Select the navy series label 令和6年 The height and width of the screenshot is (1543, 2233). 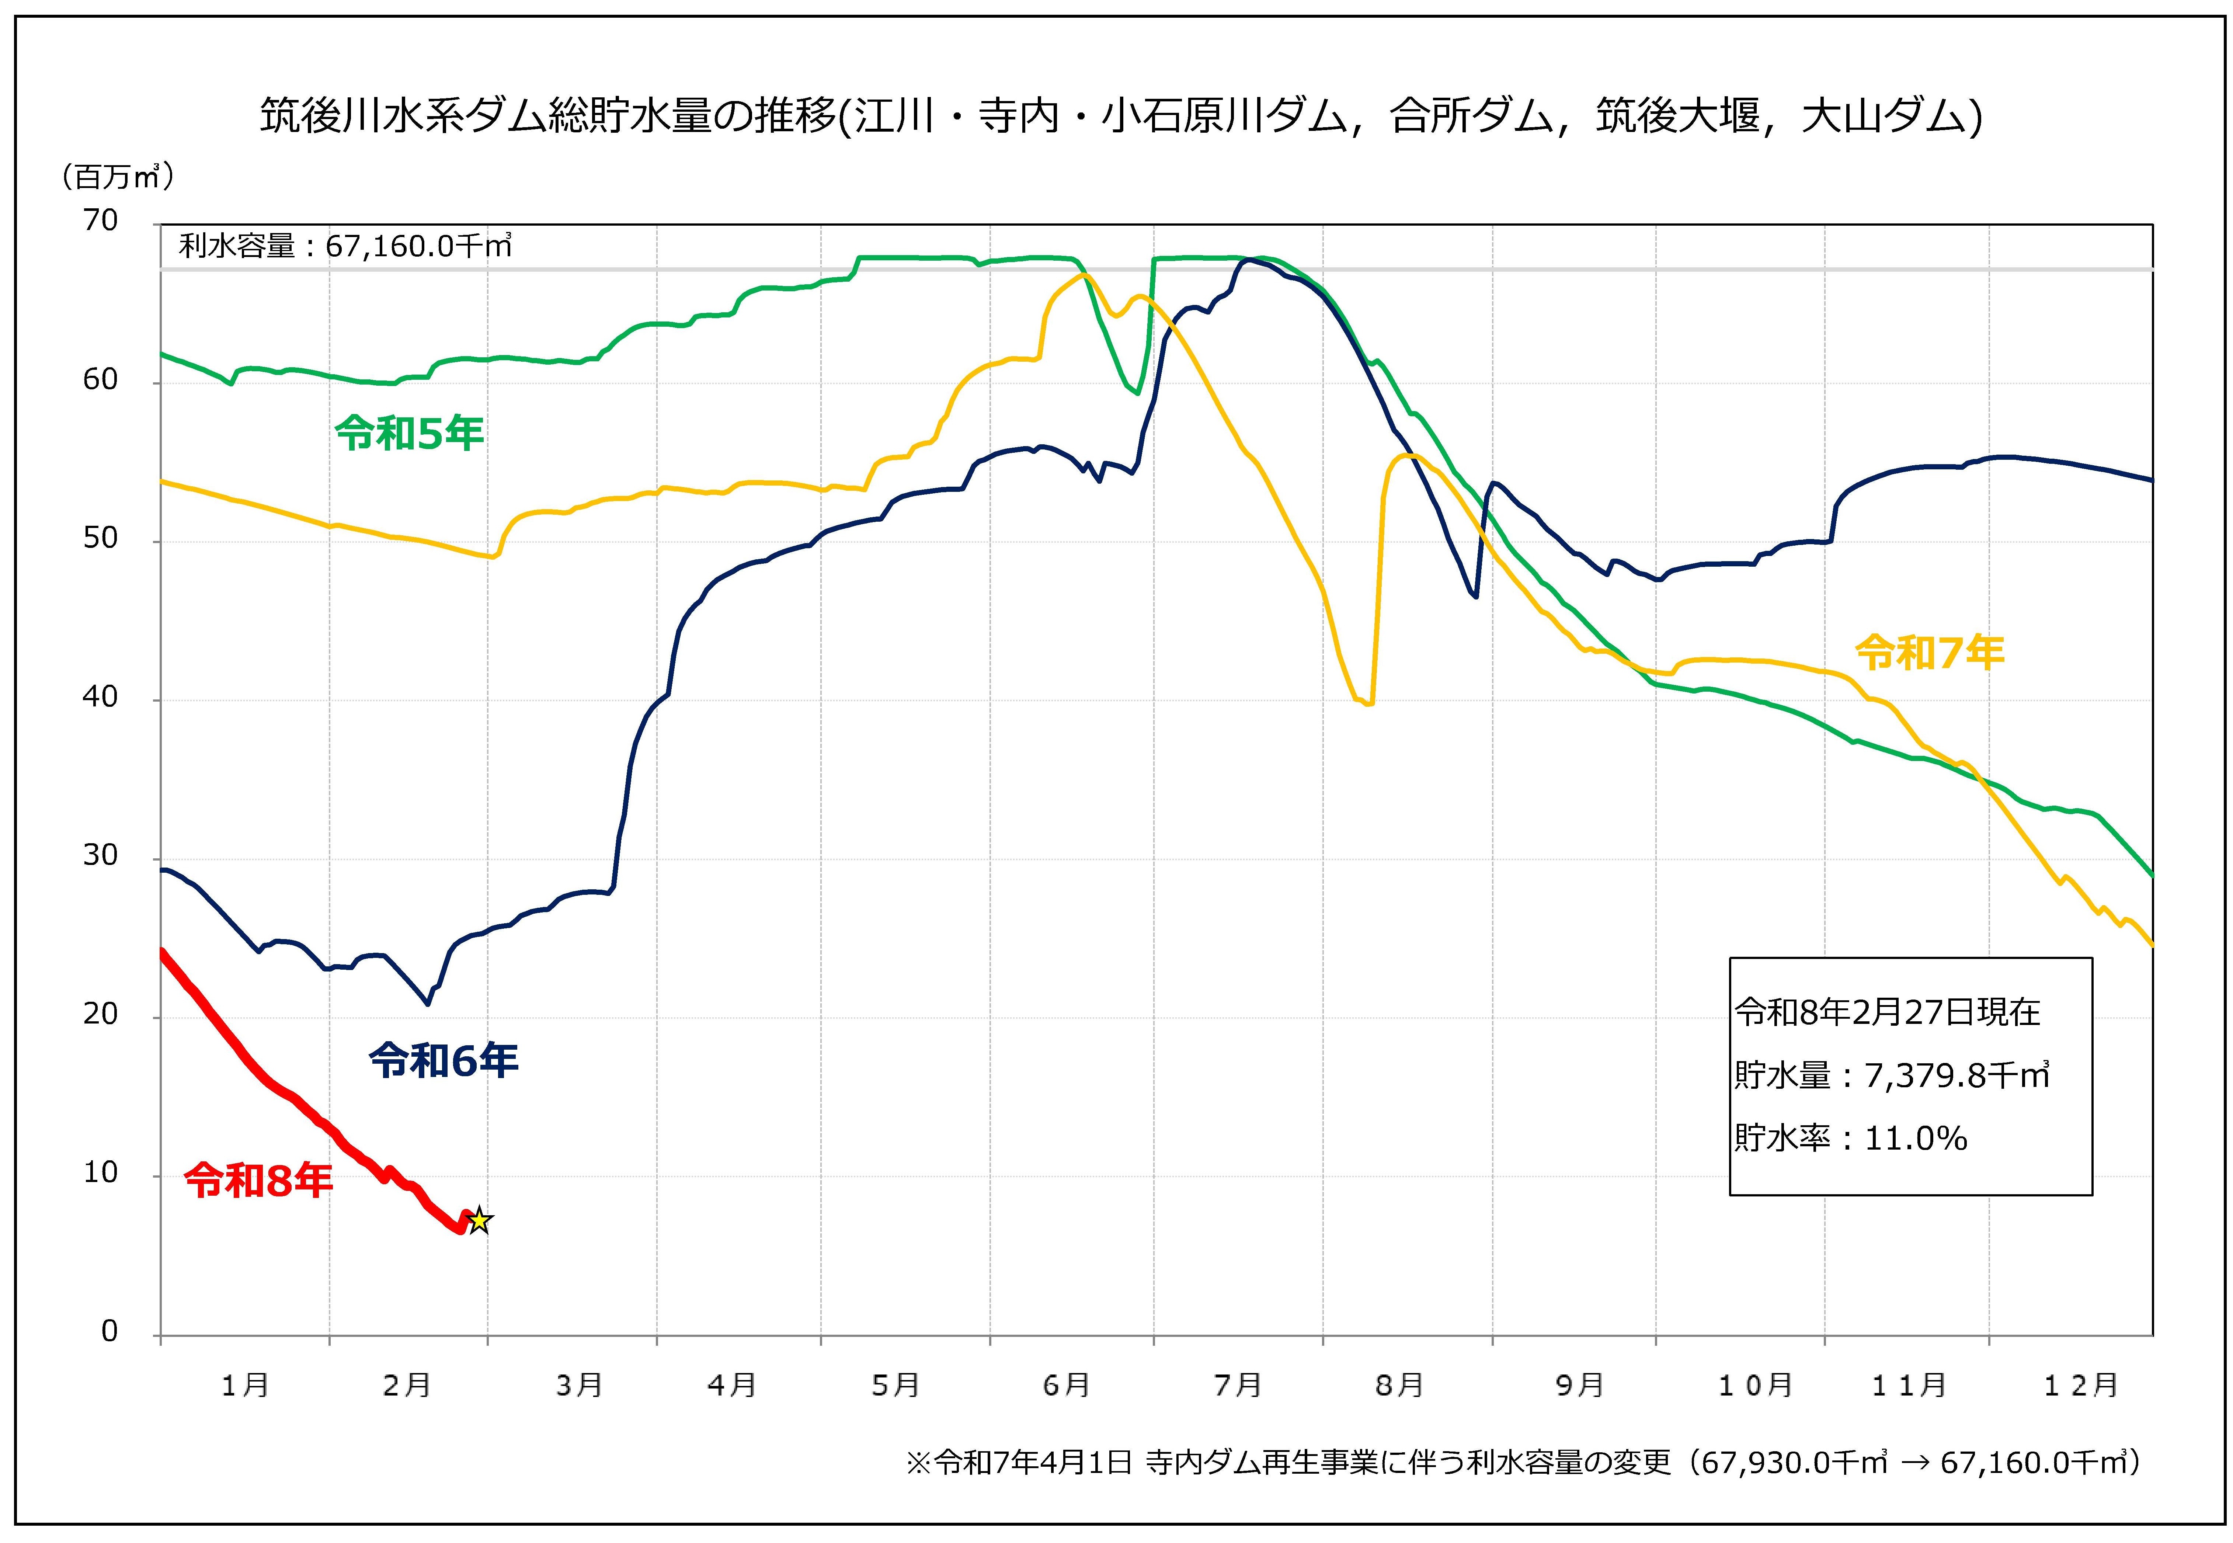point(444,1061)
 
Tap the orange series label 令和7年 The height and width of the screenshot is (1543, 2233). point(1930,654)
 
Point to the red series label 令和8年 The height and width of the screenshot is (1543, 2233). point(258,1181)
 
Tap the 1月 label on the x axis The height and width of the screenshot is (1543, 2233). point(244,1386)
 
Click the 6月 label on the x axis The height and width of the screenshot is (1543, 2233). point(1066,1386)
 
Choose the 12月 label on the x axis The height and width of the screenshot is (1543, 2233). point(2080,1386)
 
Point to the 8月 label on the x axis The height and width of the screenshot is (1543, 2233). point(1399,1386)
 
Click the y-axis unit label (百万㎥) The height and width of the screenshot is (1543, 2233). point(118,177)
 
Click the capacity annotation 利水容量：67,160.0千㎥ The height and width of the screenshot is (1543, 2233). point(345,247)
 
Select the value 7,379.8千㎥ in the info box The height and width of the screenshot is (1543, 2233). point(1957,1075)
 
